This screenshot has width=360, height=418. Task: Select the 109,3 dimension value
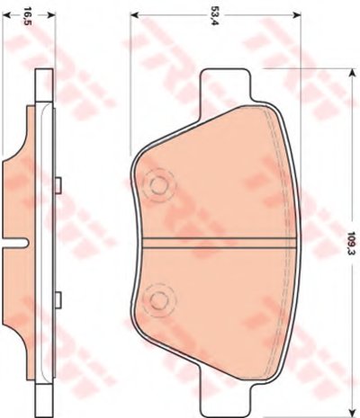(x=351, y=243)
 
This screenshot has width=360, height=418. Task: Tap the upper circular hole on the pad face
(x=158, y=185)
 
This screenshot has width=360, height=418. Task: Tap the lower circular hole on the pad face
(x=158, y=299)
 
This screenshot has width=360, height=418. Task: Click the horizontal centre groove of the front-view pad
(x=220, y=243)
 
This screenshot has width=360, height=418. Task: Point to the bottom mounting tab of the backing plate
(x=225, y=399)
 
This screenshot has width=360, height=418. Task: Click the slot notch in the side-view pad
(x=15, y=243)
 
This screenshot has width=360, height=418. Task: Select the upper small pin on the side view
(x=58, y=185)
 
